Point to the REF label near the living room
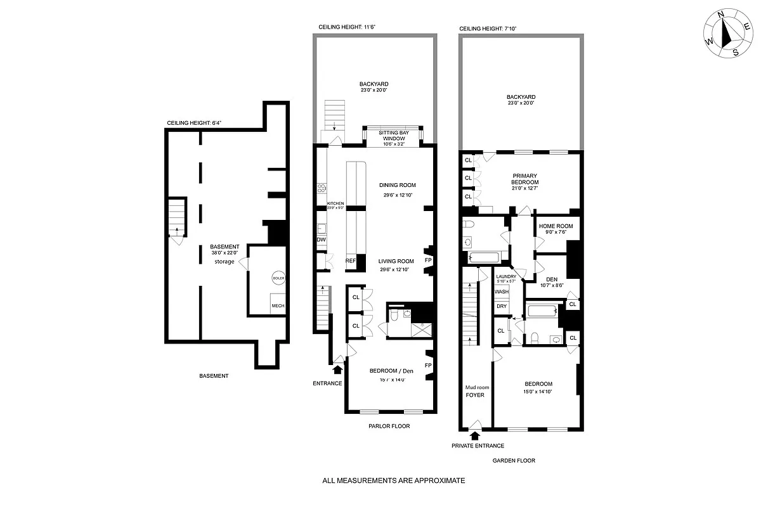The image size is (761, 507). [351, 260]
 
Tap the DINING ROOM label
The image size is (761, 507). [398, 185]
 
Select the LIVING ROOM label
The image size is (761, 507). [396, 261]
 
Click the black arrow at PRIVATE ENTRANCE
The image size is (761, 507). [474, 435]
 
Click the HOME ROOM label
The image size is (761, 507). [556, 226]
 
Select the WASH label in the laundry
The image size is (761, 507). [502, 292]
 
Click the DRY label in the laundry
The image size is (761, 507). [502, 306]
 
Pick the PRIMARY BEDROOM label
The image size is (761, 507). [525, 179]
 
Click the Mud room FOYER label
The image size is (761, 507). [475, 390]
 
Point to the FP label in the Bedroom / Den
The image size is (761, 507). [428, 366]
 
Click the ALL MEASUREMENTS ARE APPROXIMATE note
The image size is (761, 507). [394, 480]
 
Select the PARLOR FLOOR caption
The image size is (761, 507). [389, 427]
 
